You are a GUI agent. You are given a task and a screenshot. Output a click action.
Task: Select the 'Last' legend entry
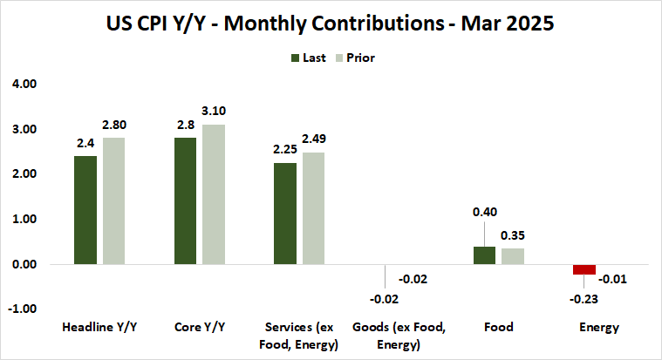click(x=309, y=58)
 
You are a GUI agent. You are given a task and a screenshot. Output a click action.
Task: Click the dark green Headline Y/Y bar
click(x=85, y=210)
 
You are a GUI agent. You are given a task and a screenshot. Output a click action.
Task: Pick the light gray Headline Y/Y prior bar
click(x=113, y=200)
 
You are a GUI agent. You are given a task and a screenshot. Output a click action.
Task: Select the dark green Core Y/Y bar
click(x=185, y=200)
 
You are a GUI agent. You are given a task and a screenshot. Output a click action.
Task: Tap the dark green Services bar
click(x=284, y=213)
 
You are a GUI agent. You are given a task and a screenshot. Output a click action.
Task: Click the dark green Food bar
click(x=484, y=255)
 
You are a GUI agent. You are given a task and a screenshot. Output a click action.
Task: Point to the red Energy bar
click(x=584, y=269)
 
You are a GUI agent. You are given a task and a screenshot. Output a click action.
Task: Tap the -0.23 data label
click(x=584, y=297)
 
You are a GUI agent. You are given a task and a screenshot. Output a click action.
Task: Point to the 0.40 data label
click(x=484, y=212)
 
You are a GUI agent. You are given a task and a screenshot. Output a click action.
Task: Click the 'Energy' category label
click(x=598, y=328)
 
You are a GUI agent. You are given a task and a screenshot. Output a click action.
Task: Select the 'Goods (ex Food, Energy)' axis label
click(x=399, y=336)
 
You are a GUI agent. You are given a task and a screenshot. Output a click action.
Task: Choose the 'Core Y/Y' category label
click(x=199, y=328)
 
